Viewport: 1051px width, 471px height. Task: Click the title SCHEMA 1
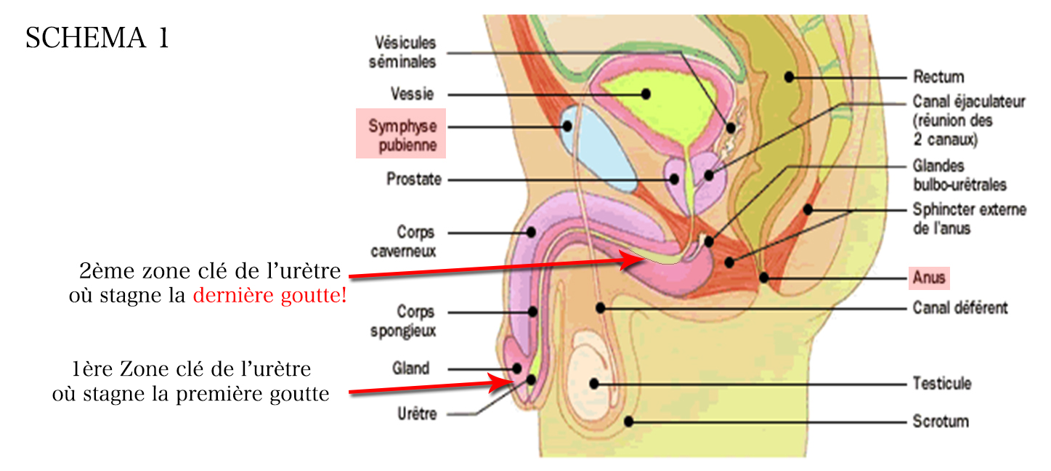[x=97, y=38]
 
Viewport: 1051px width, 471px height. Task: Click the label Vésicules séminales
[x=402, y=52]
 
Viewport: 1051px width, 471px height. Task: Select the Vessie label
[x=412, y=94]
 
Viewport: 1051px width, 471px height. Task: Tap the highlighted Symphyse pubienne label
[x=402, y=135]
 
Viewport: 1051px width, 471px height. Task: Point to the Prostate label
[x=414, y=179]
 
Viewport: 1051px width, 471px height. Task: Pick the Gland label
[x=411, y=369]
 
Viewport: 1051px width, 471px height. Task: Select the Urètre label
[x=418, y=414]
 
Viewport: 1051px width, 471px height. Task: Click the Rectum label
[x=938, y=76]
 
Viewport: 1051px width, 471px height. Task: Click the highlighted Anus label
[x=929, y=278]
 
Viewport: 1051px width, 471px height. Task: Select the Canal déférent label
[x=959, y=307]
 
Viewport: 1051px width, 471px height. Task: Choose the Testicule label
[x=942, y=383]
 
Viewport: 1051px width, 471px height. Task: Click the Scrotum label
[x=940, y=421]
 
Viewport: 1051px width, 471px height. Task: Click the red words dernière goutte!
[x=269, y=296]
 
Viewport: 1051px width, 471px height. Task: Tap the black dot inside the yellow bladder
[x=645, y=94]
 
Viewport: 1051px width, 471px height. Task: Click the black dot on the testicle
[x=595, y=383]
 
